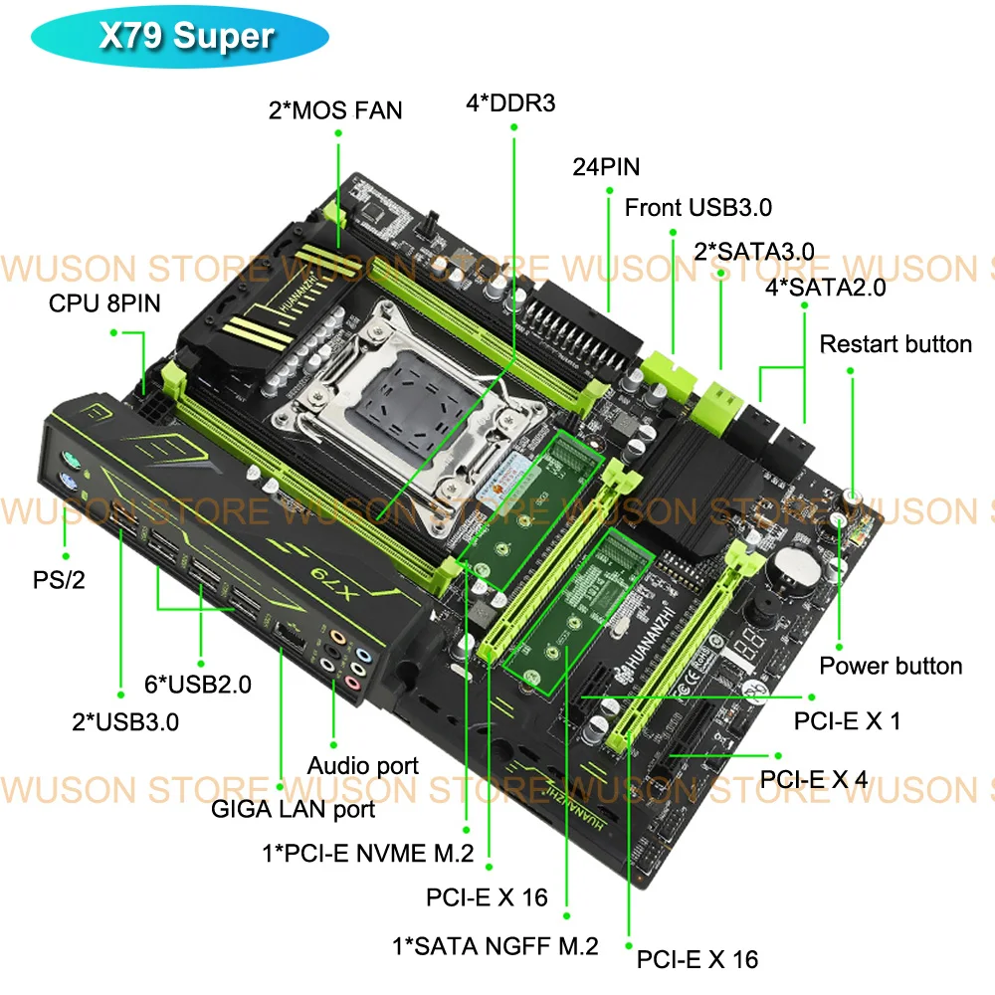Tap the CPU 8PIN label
click(x=103, y=302)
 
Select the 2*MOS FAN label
click(x=335, y=109)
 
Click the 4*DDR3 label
click(x=510, y=102)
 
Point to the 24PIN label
click(x=606, y=166)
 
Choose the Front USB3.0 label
click(x=697, y=208)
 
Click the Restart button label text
click(x=895, y=344)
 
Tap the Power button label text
click(x=891, y=666)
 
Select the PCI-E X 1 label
click(x=847, y=720)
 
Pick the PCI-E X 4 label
click(x=814, y=778)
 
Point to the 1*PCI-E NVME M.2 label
click(x=367, y=852)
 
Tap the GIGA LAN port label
click(x=293, y=809)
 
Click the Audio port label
click(x=362, y=766)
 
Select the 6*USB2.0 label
click(x=198, y=685)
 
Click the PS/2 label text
click(x=59, y=579)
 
